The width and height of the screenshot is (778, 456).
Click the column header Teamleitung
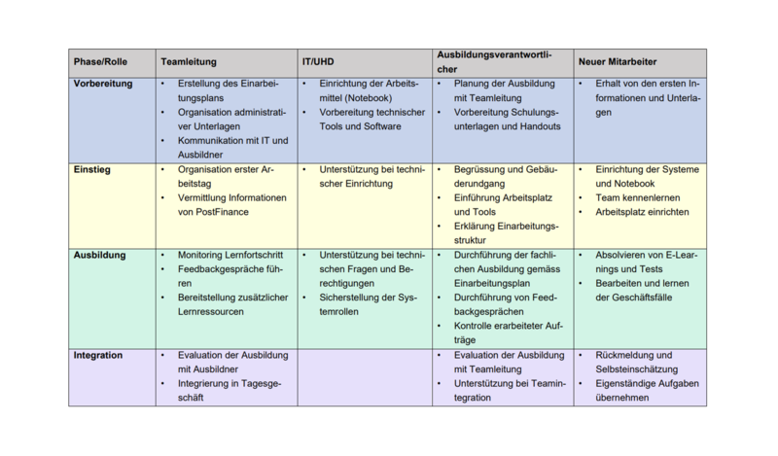(189, 62)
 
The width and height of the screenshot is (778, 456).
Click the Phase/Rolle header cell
(100, 62)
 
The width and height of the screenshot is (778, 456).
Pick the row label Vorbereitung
(103, 84)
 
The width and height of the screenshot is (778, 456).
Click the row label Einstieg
(92, 169)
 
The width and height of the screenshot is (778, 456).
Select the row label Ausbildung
(99, 255)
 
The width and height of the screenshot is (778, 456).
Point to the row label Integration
(98, 355)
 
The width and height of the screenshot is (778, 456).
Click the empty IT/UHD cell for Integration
(366, 376)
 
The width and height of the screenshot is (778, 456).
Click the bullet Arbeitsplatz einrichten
(642, 212)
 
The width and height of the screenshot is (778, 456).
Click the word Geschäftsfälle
(655, 298)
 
